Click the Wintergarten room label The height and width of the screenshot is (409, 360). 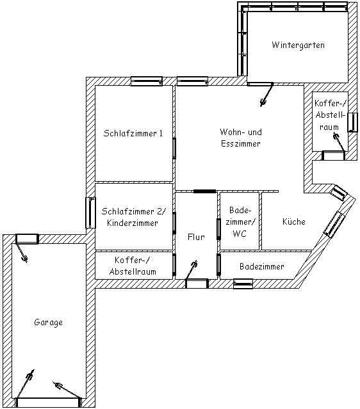click(x=298, y=45)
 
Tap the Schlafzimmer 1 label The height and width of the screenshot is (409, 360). click(x=133, y=133)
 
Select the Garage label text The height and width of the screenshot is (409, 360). click(x=48, y=323)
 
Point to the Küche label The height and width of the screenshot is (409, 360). click(x=294, y=221)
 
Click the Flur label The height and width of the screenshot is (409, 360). click(x=196, y=237)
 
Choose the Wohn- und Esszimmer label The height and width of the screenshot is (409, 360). click(x=241, y=138)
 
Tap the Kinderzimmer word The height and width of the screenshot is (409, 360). click(x=133, y=223)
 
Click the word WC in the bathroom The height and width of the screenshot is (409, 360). click(x=240, y=234)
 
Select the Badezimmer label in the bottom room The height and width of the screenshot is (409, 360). click(x=262, y=266)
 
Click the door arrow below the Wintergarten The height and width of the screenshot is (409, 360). click(x=266, y=95)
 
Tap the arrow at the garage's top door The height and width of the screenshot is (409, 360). click(x=22, y=252)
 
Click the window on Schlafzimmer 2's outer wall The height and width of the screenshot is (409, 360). click(x=90, y=213)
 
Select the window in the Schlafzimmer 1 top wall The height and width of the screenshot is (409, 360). click(x=147, y=81)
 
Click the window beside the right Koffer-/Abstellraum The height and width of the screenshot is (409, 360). click(x=353, y=122)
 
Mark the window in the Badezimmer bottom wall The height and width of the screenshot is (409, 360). click(x=243, y=284)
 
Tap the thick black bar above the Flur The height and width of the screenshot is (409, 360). click(x=205, y=191)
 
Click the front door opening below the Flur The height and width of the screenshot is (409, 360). click(x=197, y=284)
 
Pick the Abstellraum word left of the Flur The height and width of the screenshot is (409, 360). click(x=133, y=271)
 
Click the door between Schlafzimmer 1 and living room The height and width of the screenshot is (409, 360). click(x=174, y=148)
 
